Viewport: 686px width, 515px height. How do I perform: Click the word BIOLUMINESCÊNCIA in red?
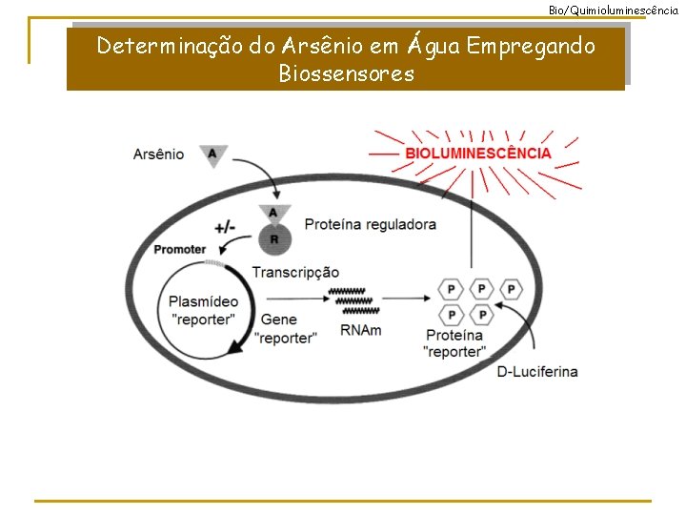pos(478,153)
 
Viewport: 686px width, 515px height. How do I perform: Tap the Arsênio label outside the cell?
pos(159,154)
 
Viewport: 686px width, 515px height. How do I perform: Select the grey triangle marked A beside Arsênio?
pos(212,154)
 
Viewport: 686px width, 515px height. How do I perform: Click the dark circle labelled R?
pos(274,238)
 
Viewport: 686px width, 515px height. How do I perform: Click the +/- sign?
pos(226,227)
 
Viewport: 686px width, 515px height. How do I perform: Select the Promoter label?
pos(180,250)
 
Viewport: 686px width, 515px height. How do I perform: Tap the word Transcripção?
pos(295,273)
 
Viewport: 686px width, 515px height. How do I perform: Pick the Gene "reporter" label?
pos(285,329)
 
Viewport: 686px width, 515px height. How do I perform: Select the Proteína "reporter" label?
pos(454,343)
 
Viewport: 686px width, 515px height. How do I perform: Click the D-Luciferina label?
pos(537,371)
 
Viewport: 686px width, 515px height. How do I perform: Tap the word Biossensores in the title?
pos(347,73)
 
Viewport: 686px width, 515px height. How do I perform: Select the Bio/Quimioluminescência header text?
pos(614,9)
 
